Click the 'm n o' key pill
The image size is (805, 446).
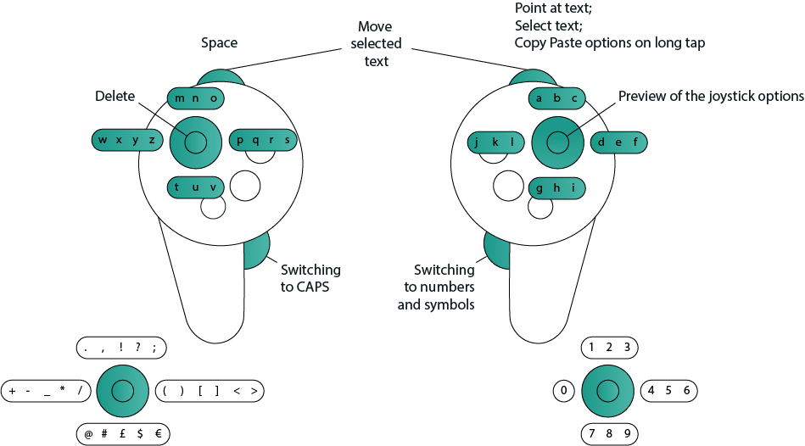195,98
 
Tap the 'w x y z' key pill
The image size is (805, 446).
126,140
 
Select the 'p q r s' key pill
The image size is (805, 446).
265,140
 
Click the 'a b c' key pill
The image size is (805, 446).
557,98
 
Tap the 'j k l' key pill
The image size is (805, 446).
497,142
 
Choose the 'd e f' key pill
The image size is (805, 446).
618,142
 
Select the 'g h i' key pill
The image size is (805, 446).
556,187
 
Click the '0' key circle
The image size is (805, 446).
564,391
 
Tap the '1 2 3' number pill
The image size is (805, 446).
609,347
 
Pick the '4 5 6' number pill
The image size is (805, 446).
668,391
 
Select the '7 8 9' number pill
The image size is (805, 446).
609,434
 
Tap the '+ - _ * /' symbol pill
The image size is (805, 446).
46,391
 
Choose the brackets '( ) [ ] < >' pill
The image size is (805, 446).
210,391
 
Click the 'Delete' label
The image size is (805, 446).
115,97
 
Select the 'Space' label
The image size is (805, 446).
219,42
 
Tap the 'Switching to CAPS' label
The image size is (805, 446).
310,277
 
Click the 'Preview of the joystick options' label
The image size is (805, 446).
710,96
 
